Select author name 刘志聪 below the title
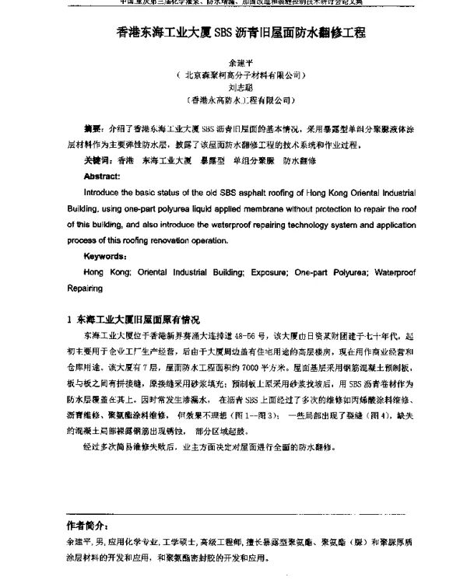coord(233,88)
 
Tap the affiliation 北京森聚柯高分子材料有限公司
coord(233,76)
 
